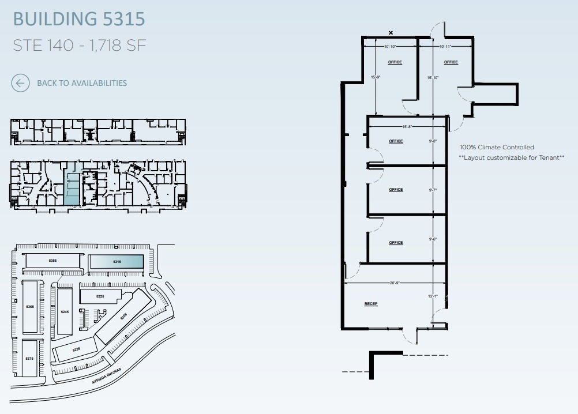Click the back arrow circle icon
pyautogui.click(x=20, y=83)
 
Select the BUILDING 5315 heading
pyautogui.click(x=78, y=18)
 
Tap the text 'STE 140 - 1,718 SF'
pyautogui.click(x=75, y=46)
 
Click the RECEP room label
pyautogui.click(x=370, y=304)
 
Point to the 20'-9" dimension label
pyautogui.click(x=395, y=283)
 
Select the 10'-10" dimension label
pyautogui.click(x=390, y=46)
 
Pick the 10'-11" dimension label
pyautogui.click(x=445, y=46)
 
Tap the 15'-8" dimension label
pyautogui.click(x=407, y=127)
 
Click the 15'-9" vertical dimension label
pyautogui.click(x=376, y=77)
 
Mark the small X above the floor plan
pyautogui.click(x=391, y=33)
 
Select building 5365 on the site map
pyautogui.click(x=30, y=307)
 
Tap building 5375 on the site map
pyautogui.click(x=29, y=359)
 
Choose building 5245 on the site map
pyautogui.click(x=65, y=311)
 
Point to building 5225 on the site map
pyautogui.click(x=100, y=296)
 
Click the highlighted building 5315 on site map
pyautogui.click(x=118, y=262)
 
